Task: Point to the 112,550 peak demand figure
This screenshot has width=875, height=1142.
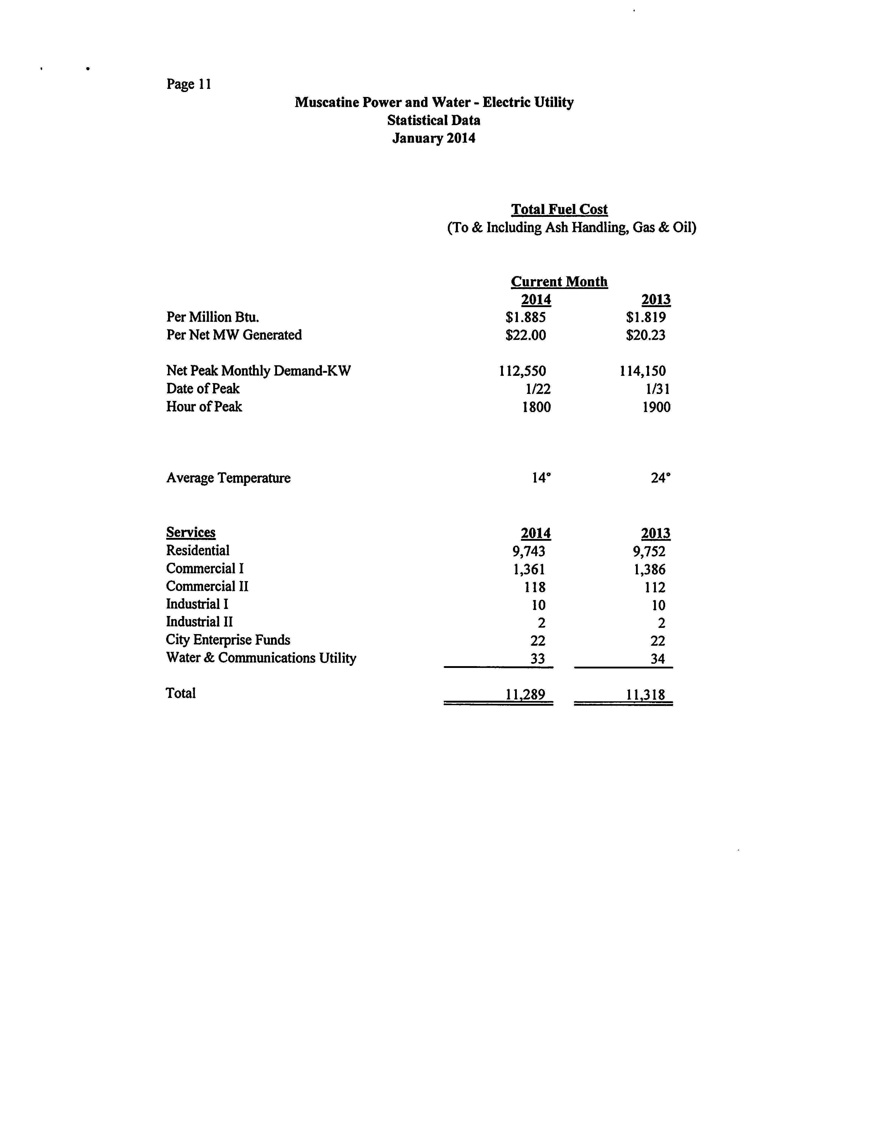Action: (x=523, y=371)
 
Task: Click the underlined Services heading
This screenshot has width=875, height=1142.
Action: (x=191, y=532)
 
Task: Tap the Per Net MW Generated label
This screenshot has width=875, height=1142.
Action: (x=234, y=335)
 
